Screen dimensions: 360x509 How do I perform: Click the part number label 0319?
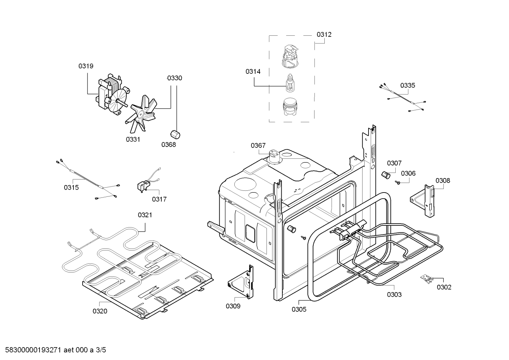pos(86,66)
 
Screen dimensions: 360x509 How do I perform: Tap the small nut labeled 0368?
pos(174,135)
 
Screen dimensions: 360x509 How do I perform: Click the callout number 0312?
pos(324,35)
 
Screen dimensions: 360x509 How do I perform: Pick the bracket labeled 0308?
pos(424,200)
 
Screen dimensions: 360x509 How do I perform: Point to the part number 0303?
pos(394,295)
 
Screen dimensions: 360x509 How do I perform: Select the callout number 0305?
pos(299,310)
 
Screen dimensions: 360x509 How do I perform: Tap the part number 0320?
pos(100,311)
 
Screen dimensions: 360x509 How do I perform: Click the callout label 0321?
pos(145,215)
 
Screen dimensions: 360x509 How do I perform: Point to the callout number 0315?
pos(71,188)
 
